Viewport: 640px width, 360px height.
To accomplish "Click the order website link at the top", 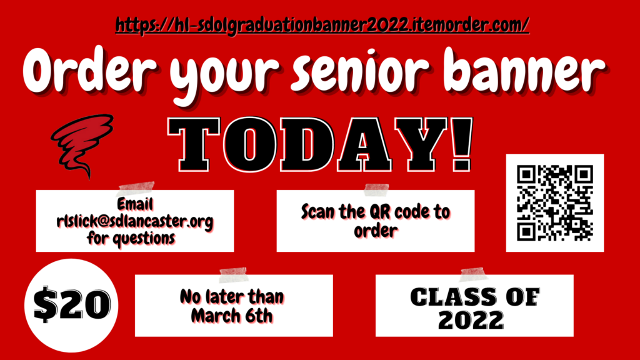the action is tap(322, 25).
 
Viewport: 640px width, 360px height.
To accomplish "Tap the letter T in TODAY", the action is tap(194, 144).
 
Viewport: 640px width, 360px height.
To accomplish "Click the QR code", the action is tap(555, 203).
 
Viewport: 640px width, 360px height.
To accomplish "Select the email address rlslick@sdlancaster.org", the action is tap(135, 222).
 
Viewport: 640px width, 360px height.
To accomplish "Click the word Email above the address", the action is tap(135, 204).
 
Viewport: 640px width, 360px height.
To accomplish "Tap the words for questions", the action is tap(131, 238).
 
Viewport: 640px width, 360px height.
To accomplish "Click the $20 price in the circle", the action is tap(72, 304).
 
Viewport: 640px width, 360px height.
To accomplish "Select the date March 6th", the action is tap(232, 316).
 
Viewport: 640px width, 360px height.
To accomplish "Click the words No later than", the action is tap(232, 297).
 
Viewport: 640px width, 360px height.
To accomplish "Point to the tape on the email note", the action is tap(136, 189).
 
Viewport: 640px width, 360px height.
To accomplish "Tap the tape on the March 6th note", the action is tap(234, 275).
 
